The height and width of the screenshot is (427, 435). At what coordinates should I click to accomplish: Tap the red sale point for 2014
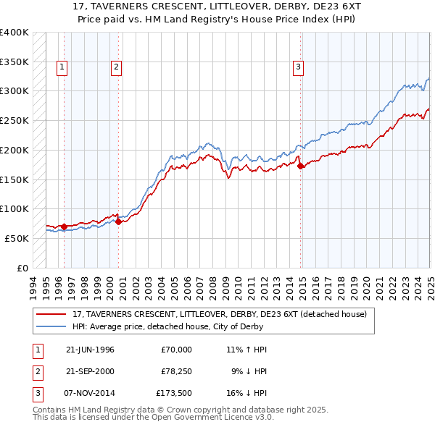coord(301,166)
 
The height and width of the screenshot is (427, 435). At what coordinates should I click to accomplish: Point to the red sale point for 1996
coord(65,227)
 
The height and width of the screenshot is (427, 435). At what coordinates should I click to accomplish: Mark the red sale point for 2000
coord(118,221)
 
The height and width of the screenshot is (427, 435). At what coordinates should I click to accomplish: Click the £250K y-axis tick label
coord(14,120)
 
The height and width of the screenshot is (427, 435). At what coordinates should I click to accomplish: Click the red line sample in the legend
coord(52,314)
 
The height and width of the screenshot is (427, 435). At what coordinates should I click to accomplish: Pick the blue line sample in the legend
coord(52,326)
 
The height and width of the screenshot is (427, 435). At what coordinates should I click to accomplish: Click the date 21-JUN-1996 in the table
coord(90,350)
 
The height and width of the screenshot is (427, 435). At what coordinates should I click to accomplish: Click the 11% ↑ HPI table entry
coord(246,350)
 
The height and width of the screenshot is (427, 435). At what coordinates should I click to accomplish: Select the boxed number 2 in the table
coord(36,373)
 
